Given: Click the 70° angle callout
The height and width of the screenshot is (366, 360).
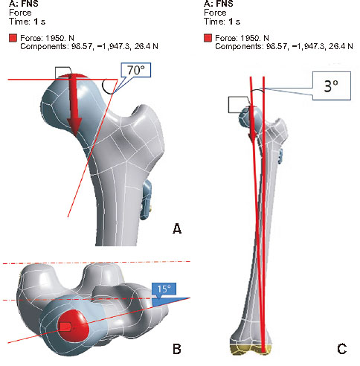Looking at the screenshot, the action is coord(136,70).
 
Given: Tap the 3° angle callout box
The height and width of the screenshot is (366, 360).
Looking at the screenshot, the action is coord(331,86).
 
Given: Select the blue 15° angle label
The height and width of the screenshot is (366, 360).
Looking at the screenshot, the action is coord(164,289).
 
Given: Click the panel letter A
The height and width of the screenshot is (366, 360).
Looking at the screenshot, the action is coord(177,228).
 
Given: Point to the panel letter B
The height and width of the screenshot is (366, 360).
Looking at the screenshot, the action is coord(177,349).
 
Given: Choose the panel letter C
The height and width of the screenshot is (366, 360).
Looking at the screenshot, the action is coord(341,349).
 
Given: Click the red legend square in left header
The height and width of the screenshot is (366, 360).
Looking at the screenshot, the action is coord(13,38).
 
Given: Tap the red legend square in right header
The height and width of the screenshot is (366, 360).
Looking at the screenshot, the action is coord(208,38).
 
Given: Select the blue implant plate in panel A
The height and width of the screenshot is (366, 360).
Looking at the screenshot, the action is coord(146,200).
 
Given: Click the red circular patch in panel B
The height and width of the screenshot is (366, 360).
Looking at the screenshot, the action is coord(74,325).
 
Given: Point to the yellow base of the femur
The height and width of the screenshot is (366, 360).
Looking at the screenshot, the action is coord(251,349).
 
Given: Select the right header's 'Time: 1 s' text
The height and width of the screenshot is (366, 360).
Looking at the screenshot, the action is coord(222,22).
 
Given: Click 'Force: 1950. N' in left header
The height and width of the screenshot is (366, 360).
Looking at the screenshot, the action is coord(47,38).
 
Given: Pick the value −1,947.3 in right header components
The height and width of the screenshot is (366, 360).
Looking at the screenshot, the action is coord(308,46).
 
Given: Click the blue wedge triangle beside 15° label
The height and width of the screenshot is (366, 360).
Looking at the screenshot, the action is coord(171,301).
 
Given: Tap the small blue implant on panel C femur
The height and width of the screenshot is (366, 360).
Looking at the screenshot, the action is coord(280,156).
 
